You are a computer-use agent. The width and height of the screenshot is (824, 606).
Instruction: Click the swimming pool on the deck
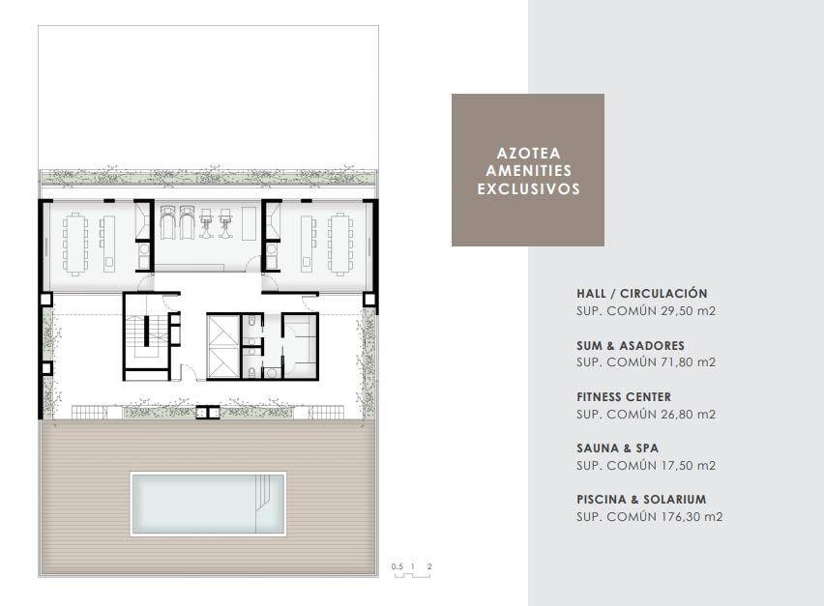[208, 504]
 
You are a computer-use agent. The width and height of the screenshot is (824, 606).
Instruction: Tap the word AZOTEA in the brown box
[529, 154]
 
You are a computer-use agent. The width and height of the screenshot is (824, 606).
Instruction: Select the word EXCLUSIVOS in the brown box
[529, 189]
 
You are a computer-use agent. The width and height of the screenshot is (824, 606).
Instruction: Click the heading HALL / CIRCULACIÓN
[641, 294]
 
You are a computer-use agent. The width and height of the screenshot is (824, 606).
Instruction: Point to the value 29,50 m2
[688, 311]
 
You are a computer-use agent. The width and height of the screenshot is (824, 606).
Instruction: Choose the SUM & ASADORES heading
[630, 346]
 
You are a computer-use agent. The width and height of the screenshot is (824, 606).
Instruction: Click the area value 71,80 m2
[688, 362]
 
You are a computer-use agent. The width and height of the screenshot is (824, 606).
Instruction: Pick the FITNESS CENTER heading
[624, 397]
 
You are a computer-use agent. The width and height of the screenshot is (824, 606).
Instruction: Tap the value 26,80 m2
[688, 415]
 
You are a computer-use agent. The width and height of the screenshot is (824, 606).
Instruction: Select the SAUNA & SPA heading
[617, 448]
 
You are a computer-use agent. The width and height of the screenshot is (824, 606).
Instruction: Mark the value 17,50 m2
[688, 465]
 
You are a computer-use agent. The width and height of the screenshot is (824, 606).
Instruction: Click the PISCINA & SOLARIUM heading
[641, 500]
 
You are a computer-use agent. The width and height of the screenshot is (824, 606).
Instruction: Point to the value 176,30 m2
[692, 517]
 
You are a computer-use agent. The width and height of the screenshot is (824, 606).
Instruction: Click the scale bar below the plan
[413, 575]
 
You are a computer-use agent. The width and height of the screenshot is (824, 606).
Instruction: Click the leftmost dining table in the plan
[75, 244]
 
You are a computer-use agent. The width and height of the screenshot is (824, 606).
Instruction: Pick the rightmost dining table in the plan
[340, 244]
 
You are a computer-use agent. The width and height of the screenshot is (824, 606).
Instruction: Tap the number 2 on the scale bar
[429, 566]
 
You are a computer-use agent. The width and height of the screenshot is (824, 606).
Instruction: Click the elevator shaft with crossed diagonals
[223, 346]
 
